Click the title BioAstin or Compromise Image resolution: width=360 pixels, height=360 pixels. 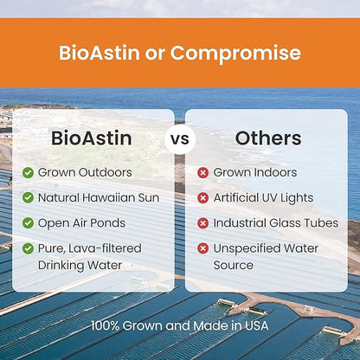[x=180, y=53]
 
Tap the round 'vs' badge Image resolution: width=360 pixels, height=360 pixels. [x=180, y=138]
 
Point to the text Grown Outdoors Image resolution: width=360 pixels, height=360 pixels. [x=85, y=172]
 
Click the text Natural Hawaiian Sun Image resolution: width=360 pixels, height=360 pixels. [x=99, y=197]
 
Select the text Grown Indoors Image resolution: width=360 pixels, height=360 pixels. [x=255, y=172]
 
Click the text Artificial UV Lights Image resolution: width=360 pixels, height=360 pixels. [x=264, y=197]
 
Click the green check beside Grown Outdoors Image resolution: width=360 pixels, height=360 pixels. [x=29, y=172]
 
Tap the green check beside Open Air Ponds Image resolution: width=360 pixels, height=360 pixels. [x=29, y=222]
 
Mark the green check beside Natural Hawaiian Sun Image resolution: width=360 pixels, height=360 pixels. [x=29, y=197]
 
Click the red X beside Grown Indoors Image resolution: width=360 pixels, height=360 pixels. [x=203, y=172]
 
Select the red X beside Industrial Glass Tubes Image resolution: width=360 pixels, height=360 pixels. [x=203, y=222]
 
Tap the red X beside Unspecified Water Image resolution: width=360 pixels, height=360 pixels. [x=203, y=247]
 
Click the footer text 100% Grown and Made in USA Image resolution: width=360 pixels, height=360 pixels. [x=180, y=326]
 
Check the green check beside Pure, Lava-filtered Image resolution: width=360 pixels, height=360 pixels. [x=29, y=247]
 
